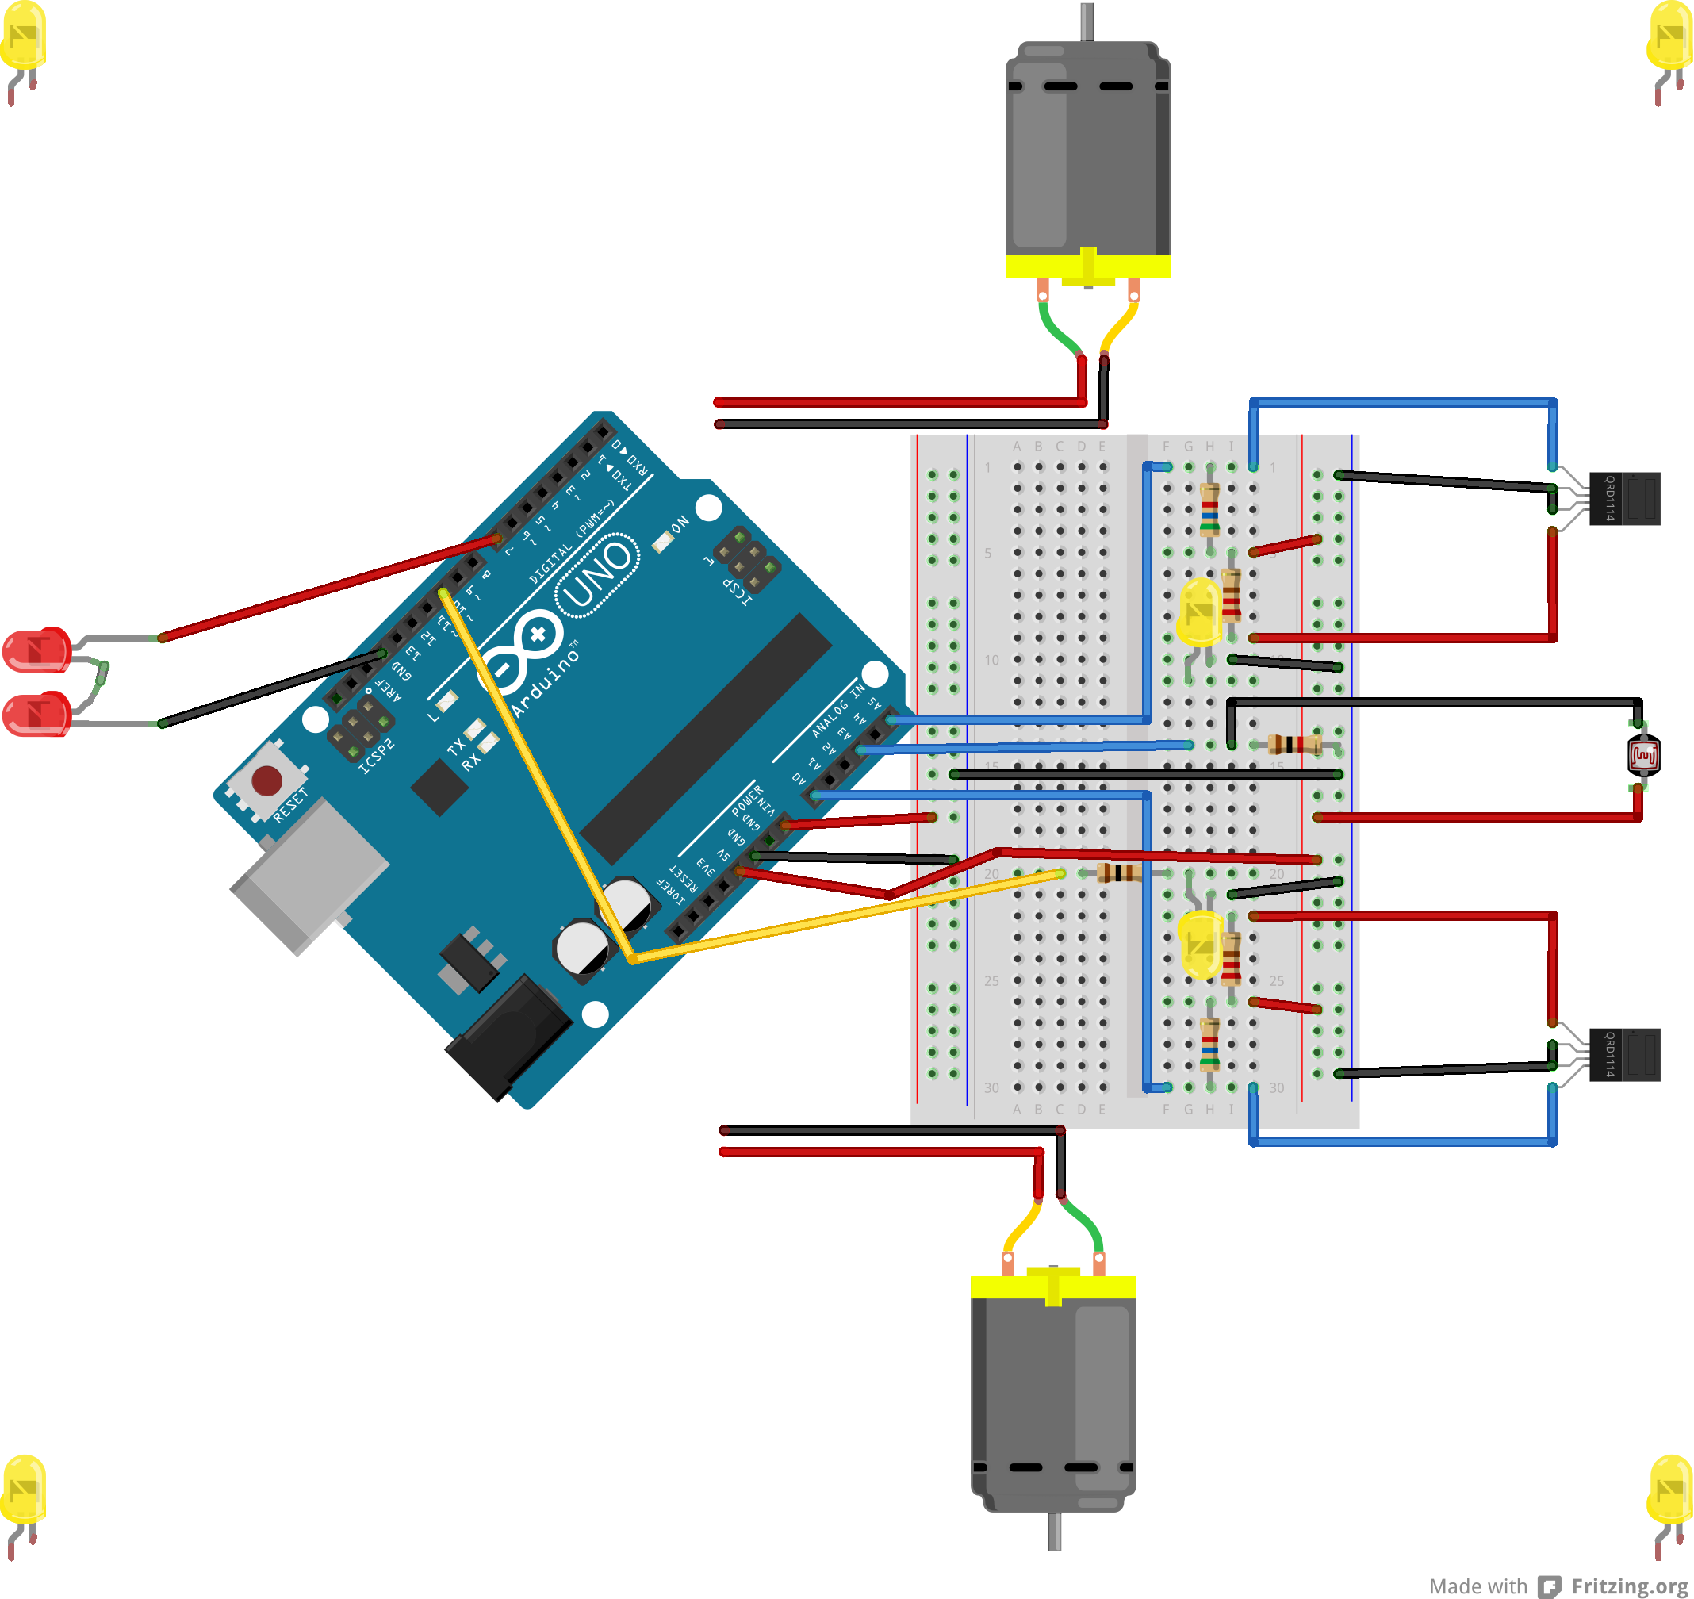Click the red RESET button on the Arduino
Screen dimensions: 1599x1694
(266, 779)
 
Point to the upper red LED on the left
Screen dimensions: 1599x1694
(36, 650)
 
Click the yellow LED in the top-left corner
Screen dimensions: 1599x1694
(23, 36)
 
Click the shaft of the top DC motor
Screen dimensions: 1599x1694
(1087, 21)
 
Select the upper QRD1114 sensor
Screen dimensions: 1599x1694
(1625, 499)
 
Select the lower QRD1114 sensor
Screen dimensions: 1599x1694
(1625, 1055)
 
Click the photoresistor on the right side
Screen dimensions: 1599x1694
(1643, 755)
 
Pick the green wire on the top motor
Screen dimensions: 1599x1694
(1057, 328)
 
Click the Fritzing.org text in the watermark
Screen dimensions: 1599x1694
(1628, 1586)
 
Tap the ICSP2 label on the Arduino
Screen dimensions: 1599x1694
(377, 756)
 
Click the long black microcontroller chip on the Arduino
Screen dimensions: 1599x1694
(706, 738)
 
